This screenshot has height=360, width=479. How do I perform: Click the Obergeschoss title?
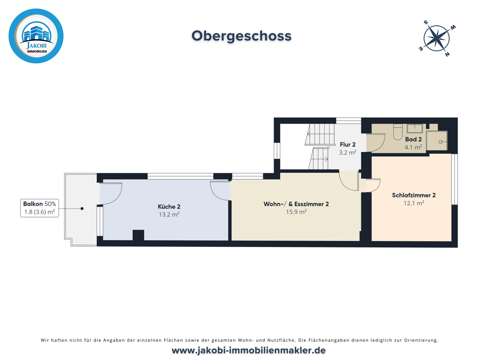[241, 36]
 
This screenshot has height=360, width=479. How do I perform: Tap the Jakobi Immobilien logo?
[36, 36]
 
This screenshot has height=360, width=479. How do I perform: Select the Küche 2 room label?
[169, 207]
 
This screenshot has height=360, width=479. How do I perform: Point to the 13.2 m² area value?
[169, 215]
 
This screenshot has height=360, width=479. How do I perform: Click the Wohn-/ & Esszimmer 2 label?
[296, 204]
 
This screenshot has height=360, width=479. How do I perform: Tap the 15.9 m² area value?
[296, 212]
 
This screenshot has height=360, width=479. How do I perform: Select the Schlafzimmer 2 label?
[414, 195]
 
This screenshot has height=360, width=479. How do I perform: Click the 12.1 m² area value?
[414, 203]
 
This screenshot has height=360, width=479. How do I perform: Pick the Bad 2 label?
[413, 139]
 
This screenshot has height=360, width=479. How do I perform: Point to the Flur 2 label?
[348, 144]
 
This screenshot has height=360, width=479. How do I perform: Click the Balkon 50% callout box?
[40, 208]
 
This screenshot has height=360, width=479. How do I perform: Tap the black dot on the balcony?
[82, 208]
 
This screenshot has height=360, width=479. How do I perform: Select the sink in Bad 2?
[414, 128]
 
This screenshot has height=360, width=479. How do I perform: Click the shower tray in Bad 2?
[437, 141]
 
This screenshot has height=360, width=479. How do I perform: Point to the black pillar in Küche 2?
[138, 235]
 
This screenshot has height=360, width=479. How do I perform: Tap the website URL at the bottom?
[248, 350]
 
